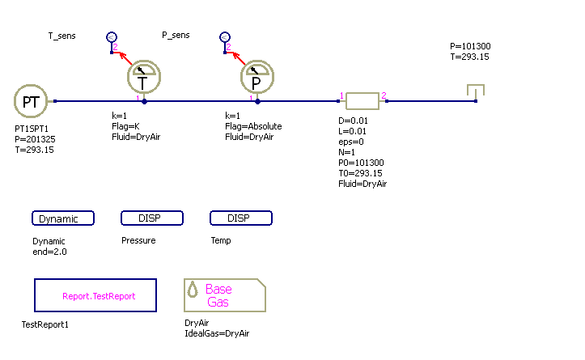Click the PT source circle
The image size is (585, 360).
click(31, 101)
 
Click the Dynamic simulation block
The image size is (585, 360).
click(63, 218)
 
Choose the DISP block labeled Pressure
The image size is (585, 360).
click(152, 218)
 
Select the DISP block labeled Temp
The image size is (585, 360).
click(241, 218)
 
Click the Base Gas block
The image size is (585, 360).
click(225, 296)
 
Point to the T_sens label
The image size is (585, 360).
click(62, 36)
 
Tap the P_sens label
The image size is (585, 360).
click(176, 36)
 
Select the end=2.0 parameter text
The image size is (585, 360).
click(49, 252)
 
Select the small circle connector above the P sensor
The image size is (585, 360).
click(225, 37)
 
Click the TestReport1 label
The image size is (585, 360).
click(45, 324)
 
